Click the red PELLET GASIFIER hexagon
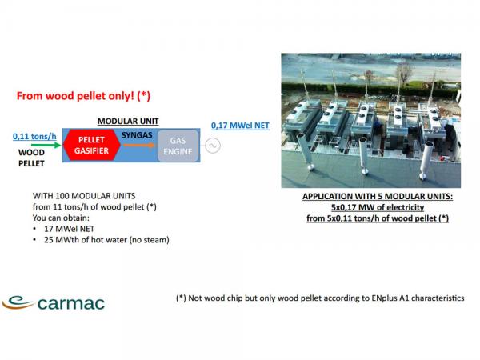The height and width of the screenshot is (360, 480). (91, 145)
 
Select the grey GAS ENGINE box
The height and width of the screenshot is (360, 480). (178, 146)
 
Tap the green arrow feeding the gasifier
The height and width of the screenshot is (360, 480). (46, 145)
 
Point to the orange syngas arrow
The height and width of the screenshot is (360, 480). (138, 145)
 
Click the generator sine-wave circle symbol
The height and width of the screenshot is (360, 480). (213, 146)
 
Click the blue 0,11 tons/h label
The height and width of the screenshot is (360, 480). (34, 137)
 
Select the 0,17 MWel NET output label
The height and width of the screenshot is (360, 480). (240, 126)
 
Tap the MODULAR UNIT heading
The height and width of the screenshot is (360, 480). (128, 122)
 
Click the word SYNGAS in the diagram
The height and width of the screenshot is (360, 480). (137, 135)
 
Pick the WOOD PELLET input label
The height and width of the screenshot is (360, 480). (31, 158)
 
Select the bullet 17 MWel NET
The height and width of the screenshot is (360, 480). (69, 229)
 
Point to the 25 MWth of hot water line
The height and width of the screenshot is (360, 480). (106, 240)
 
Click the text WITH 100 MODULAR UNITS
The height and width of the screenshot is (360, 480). (84, 196)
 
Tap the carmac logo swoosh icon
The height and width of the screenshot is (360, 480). (18, 302)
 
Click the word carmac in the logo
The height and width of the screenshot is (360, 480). (71, 303)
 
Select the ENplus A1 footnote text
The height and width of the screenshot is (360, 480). (320, 298)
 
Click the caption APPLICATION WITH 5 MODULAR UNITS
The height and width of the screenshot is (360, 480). (378, 197)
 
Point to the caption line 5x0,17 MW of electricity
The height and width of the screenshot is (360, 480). (378, 207)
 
